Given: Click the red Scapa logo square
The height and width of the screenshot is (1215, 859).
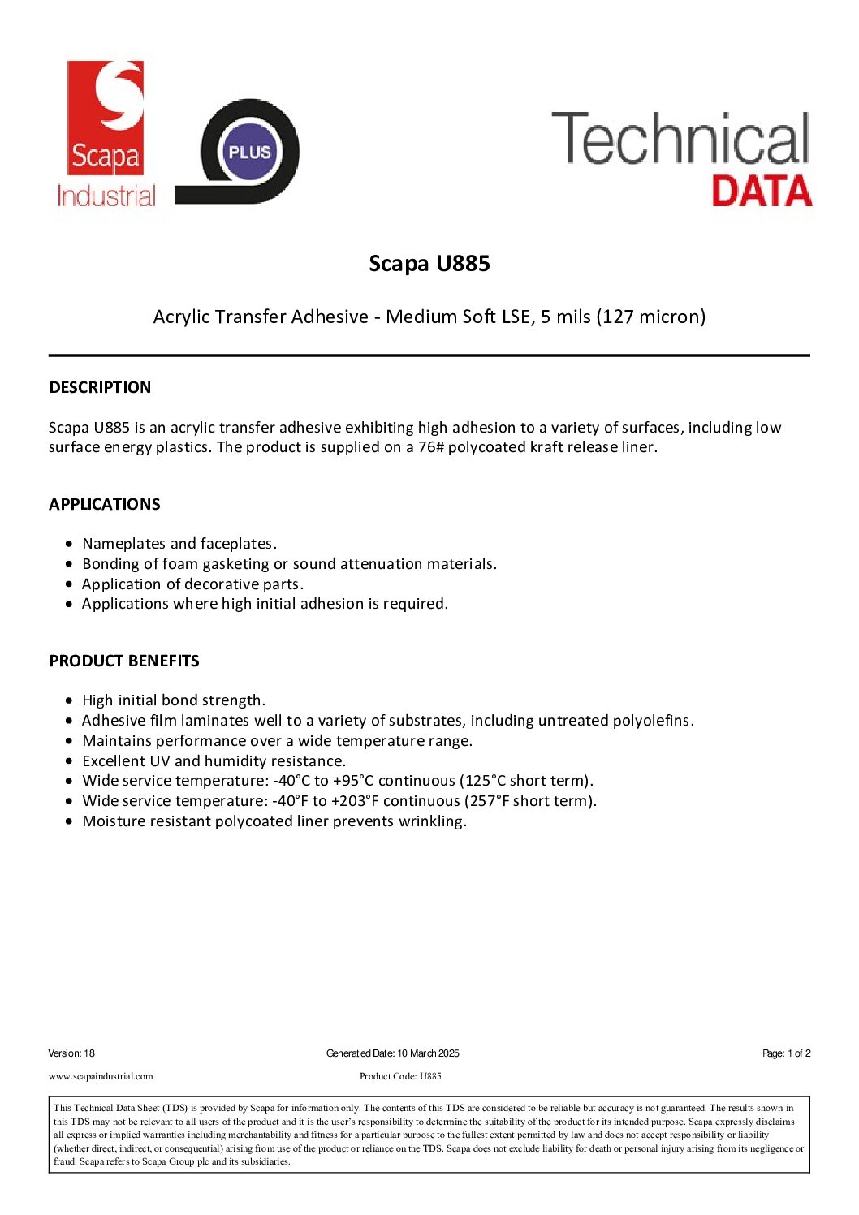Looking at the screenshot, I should click(105, 117).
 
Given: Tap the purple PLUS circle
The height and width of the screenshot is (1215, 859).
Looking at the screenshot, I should click(249, 152).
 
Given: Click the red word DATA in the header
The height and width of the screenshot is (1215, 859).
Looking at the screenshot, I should click(761, 192).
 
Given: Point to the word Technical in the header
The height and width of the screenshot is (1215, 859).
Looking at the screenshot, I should click(680, 140).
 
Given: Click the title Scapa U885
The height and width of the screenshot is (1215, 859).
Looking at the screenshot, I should click(429, 264).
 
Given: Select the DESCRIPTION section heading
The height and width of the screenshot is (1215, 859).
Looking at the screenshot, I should click(100, 387).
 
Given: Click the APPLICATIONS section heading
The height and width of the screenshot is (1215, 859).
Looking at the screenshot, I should click(105, 504).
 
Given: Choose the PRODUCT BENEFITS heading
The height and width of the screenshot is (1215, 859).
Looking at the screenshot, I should click(124, 661).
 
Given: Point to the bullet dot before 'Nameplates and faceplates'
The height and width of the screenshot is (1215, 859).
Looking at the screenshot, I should click(71, 544).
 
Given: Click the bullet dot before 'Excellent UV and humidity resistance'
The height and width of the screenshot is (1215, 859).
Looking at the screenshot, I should click(71, 761).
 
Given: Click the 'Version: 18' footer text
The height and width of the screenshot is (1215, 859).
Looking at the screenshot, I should click(71, 1053).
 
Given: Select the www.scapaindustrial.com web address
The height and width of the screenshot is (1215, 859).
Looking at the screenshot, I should click(101, 1076).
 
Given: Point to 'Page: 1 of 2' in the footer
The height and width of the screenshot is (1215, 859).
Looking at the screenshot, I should click(786, 1053).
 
